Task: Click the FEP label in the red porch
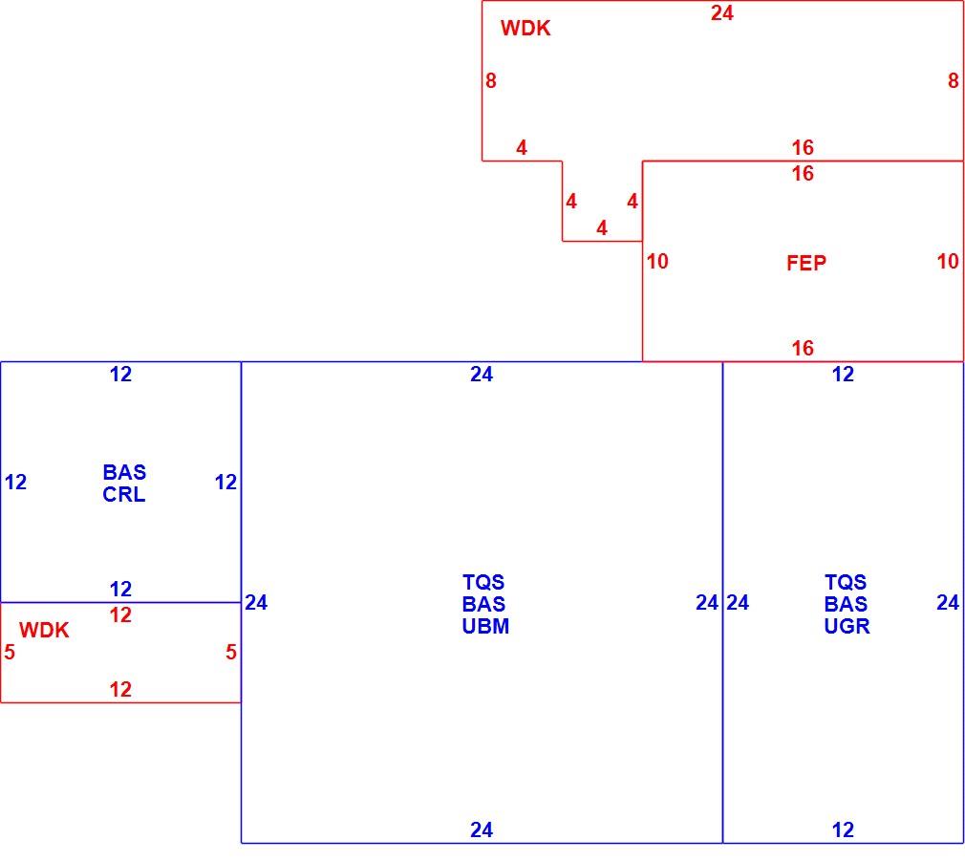806,264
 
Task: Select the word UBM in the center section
485,627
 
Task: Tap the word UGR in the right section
847,627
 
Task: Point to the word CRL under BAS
124,495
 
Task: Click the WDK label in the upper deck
525,29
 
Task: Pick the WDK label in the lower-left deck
44,630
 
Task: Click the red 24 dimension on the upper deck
722,13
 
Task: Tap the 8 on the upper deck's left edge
490,80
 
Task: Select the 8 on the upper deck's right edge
953,80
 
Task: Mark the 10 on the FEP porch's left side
657,262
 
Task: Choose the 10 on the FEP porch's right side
948,262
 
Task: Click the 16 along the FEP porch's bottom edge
803,349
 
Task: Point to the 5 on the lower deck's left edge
10,653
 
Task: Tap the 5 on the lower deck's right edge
231,653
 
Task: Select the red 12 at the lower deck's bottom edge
120,689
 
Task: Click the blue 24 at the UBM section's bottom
482,830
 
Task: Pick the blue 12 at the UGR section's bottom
843,830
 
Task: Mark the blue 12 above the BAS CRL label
120,375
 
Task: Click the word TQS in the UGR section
846,582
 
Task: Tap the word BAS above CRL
124,473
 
